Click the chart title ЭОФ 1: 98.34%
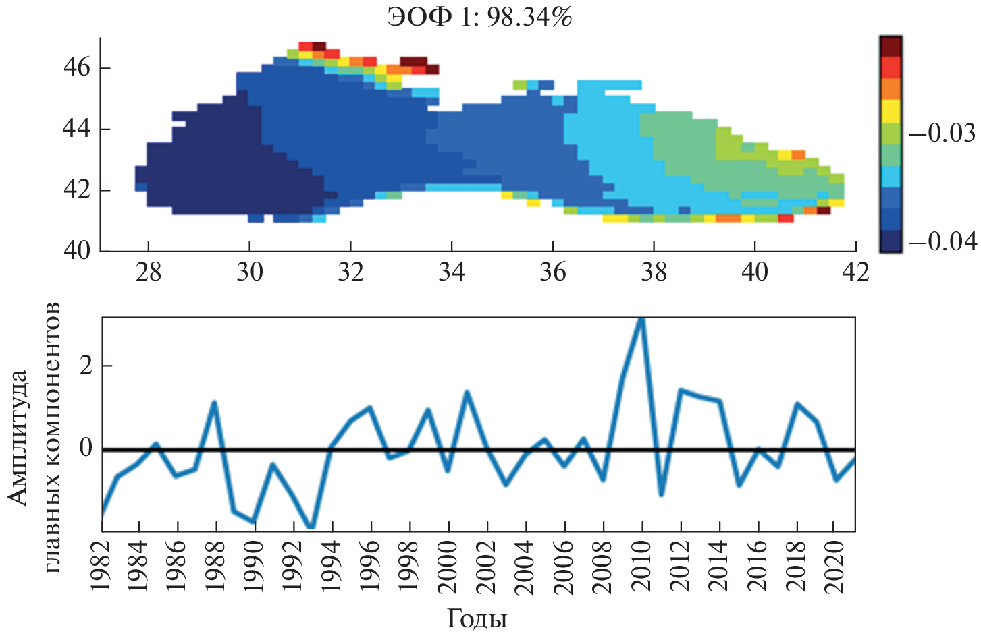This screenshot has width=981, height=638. [479, 17]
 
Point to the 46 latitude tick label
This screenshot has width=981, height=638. [76, 68]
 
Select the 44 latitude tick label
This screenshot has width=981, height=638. [76, 128]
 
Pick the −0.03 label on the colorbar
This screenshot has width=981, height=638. [943, 134]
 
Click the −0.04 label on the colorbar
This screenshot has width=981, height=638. [943, 241]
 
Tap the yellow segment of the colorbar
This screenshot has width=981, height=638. [890, 111]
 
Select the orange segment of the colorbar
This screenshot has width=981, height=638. [890, 89]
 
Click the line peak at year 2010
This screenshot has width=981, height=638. [641, 318]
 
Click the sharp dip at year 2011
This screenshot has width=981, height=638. [661, 495]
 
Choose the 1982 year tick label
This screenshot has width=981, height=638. [101, 567]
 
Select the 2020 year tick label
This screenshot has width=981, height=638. [834, 567]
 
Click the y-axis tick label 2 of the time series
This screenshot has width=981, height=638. [86, 366]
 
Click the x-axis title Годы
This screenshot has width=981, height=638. [477, 618]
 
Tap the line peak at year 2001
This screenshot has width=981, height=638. [467, 392]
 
